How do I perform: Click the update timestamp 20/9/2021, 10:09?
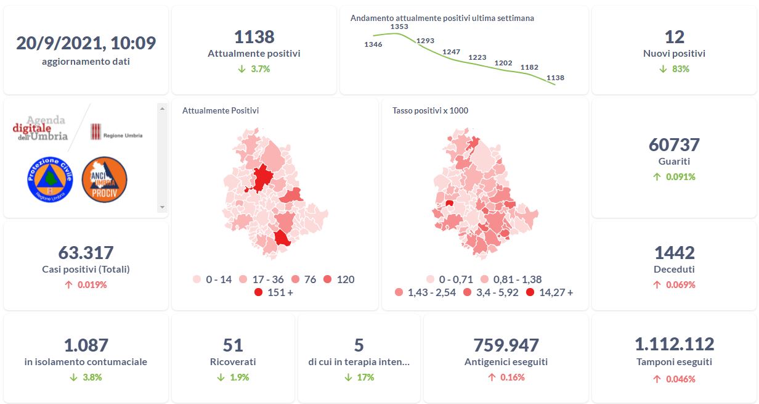[x=86, y=43]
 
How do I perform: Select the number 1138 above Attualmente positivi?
[x=254, y=37]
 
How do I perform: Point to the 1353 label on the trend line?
[x=399, y=27]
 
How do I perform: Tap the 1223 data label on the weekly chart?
[x=477, y=57]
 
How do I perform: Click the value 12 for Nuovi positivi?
[x=674, y=37]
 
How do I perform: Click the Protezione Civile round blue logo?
[x=50, y=179]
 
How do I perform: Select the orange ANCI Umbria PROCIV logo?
[x=104, y=179]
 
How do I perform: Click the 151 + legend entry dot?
[x=259, y=292]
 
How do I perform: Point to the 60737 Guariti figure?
[x=674, y=145]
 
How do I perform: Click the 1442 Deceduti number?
[x=674, y=252]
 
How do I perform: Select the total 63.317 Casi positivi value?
[x=86, y=252]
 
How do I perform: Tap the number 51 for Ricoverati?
[x=233, y=345]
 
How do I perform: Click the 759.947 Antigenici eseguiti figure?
[x=506, y=345]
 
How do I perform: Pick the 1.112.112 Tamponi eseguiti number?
[x=674, y=344]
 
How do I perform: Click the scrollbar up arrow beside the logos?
[x=163, y=109]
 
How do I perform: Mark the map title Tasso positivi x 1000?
[x=430, y=111]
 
